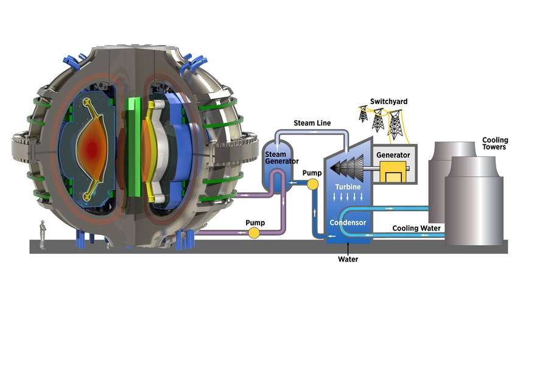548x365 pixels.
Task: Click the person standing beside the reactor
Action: [x=43, y=234]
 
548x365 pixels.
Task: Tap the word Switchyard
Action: [x=388, y=101]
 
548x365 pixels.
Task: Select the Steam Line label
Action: [x=312, y=123]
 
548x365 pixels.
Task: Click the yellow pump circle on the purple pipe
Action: [x=254, y=232]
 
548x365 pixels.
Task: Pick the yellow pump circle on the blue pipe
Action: [x=313, y=184]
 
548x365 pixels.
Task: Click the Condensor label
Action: [x=348, y=223]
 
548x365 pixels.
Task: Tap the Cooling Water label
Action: [x=415, y=228]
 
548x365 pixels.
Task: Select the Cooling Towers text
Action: [x=494, y=143]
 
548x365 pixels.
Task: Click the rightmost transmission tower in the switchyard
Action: [x=395, y=124]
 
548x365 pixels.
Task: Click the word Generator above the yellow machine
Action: [x=393, y=155]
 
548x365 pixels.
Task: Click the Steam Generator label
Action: [x=281, y=158]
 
